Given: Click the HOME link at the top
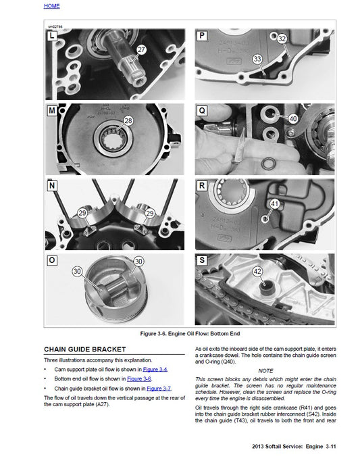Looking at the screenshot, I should (x=51, y=6).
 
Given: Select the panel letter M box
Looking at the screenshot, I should (x=52, y=110).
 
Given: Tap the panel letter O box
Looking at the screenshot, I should (x=52, y=260).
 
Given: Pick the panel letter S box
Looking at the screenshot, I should (x=201, y=260).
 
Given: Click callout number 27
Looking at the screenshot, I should (x=141, y=50).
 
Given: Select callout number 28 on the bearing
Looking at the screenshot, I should (x=128, y=121).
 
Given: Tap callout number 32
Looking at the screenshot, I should (x=282, y=39).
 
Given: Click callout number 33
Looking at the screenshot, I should (x=257, y=59).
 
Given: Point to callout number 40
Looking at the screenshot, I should (x=292, y=118).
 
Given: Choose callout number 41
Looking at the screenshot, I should (x=274, y=203).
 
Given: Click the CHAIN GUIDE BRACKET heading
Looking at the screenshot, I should (x=85, y=349).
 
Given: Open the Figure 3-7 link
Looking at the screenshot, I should (x=159, y=389).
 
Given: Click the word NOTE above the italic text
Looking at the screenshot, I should (x=265, y=370).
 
